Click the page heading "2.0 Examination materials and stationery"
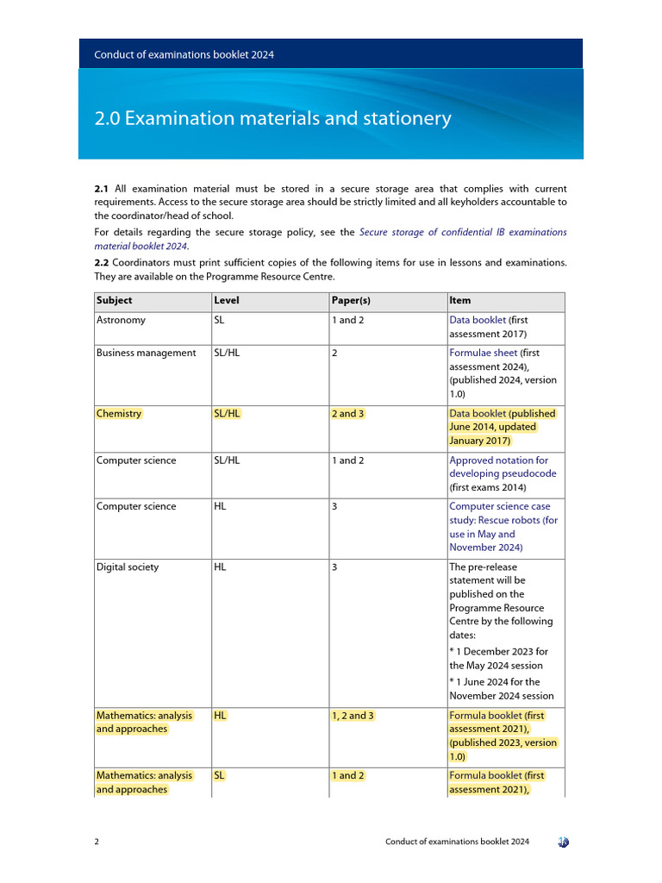click(272, 118)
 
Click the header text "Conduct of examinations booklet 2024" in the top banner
click(184, 54)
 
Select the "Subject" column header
click(115, 301)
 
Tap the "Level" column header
click(226, 301)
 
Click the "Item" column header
click(459, 301)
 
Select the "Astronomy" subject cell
click(121, 320)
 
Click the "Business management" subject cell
click(146, 353)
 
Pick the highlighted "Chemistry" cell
click(119, 414)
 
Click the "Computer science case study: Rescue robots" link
click(503, 520)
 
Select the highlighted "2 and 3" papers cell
click(347, 414)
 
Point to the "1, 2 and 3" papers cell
click(353, 716)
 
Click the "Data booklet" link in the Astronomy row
click(478, 320)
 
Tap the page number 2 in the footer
click(97, 842)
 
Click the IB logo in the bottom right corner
click(562, 842)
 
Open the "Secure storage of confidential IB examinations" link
click(463, 232)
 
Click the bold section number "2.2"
click(102, 261)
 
